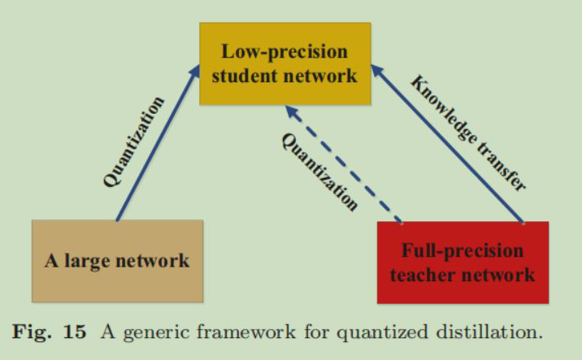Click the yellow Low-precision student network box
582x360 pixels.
(284, 63)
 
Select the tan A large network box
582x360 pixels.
(115, 260)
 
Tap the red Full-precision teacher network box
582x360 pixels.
(463, 262)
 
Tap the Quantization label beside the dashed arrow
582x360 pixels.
(319, 171)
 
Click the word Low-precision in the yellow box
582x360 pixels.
(284, 51)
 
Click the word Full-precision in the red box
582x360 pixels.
(463, 249)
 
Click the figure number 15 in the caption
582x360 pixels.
(77, 332)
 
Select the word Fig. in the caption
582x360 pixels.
(37, 332)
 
